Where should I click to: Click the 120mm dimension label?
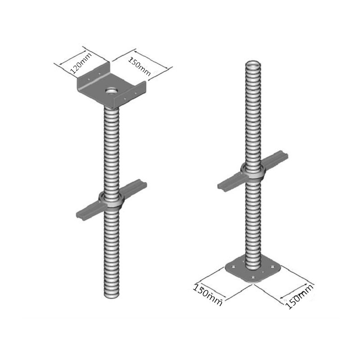81,63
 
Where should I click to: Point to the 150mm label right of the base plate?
299,297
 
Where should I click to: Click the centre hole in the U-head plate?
112,91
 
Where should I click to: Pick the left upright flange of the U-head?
93,76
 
